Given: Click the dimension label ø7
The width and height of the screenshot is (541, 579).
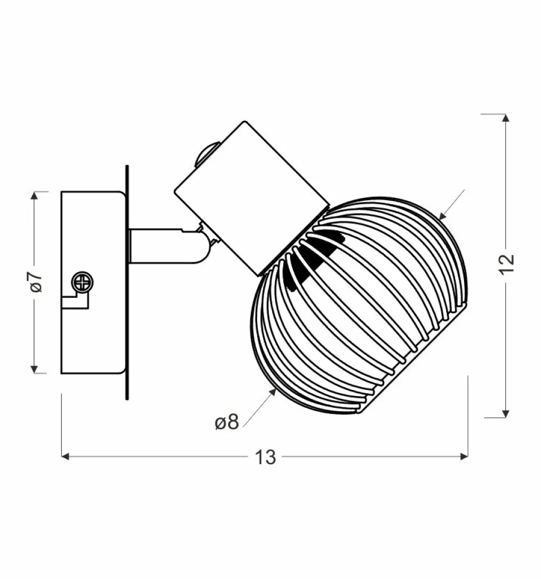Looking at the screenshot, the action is tap(37, 282).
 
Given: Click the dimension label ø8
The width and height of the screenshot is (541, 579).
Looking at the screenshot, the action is tap(227, 422).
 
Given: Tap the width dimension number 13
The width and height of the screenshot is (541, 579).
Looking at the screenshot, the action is tap(265, 457).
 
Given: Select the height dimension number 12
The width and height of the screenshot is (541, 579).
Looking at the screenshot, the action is tap(506, 264).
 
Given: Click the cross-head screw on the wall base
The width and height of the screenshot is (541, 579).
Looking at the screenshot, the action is tap(82, 283).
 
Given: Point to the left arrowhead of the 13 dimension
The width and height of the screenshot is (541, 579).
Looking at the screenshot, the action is tap(65, 457).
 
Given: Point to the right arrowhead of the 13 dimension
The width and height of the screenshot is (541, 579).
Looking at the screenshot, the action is tap(464, 457).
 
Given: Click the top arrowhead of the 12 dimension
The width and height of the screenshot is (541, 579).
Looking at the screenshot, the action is tap(506, 118).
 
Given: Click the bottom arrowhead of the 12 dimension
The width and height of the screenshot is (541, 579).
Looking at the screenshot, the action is tap(506, 413).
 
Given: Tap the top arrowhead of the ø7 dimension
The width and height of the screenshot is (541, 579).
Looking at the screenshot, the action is tap(34, 196).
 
